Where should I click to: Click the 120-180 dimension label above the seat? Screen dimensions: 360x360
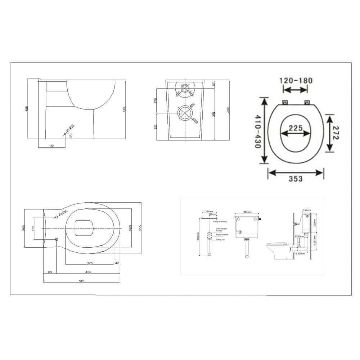[296, 80]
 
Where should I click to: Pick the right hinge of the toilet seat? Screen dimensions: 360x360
[307, 103]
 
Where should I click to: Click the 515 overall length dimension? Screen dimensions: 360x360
[81, 281]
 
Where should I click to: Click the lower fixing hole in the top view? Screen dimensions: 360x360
[57, 239]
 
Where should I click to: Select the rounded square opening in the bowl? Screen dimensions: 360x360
[84, 228]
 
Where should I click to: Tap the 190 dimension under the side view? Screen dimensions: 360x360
[51, 147]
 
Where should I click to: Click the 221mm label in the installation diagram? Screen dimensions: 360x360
[209, 212]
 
